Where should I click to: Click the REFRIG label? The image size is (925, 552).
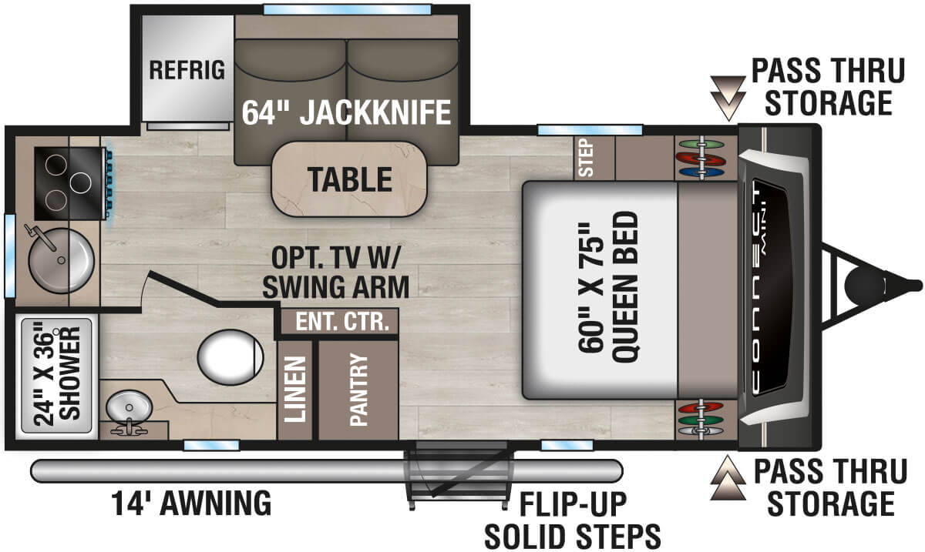click(187, 70)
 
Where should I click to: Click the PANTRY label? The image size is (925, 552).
click(358, 390)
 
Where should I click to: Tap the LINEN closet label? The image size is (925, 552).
click(294, 390)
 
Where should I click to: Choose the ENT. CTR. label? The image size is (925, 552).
click(339, 321)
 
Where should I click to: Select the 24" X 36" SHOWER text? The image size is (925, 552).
click(56, 377)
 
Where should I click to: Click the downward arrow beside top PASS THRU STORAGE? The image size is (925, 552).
click(724, 95)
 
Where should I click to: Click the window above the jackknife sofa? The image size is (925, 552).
click(346, 10)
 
